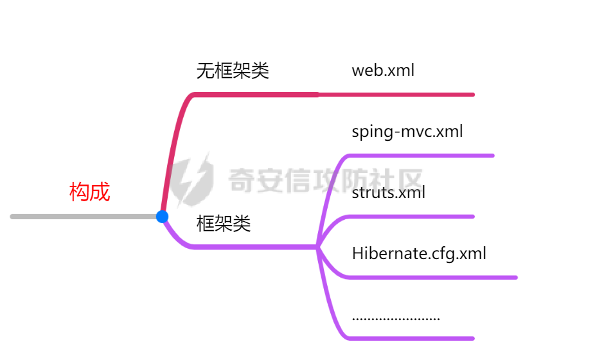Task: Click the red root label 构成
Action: [90, 192]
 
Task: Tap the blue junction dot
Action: [162, 217]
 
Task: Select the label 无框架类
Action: [232, 71]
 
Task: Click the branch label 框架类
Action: [223, 224]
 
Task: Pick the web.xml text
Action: [383, 70]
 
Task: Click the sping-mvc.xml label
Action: [407, 132]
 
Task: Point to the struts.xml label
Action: [388, 192]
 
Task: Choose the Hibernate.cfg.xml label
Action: [419, 253]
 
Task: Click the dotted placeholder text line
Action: [396, 318]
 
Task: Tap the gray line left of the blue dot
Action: [84, 217]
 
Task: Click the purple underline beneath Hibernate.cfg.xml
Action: [431, 278]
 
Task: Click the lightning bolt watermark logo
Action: [195, 178]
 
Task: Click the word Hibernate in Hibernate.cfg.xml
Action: [383, 253]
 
